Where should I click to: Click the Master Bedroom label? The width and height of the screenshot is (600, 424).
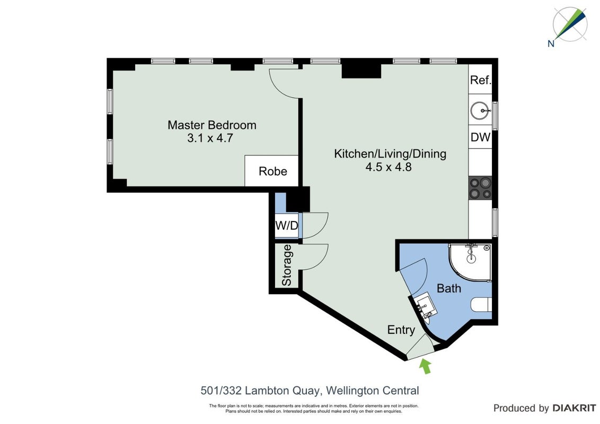point(211,125)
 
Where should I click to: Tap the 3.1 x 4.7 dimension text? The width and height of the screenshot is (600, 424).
point(210,138)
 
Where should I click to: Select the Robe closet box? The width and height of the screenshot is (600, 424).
point(271,171)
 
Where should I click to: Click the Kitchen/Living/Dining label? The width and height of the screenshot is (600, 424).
point(390,154)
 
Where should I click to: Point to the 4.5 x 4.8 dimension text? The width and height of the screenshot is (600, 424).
point(389,167)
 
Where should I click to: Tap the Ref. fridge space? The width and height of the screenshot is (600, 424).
point(480,80)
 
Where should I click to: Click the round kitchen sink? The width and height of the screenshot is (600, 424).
point(480,111)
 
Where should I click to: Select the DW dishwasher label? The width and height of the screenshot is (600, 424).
point(480,137)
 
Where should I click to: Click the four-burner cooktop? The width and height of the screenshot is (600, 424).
point(480,188)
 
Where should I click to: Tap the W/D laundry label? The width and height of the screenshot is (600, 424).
point(287,225)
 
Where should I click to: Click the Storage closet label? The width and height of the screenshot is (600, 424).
point(287,265)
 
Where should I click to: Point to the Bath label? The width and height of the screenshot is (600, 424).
point(449,288)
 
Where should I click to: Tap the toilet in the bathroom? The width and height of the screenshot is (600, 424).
point(481,305)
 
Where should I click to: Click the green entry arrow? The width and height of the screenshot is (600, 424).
point(426,366)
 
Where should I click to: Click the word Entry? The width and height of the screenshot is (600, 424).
point(401,330)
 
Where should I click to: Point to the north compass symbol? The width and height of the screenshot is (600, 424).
point(569,25)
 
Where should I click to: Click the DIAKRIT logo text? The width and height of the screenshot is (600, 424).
point(575,408)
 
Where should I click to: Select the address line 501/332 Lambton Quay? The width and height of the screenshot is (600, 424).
point(310,391)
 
